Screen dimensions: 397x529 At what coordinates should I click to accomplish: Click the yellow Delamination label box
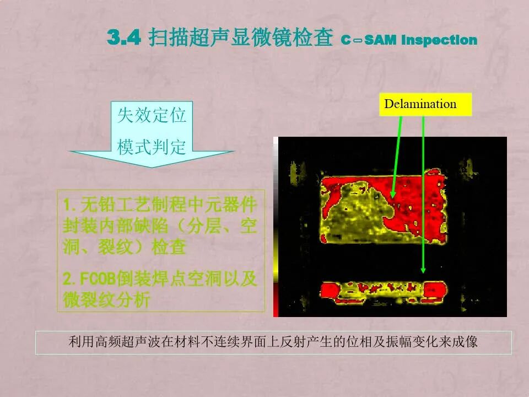[x=425, y=104]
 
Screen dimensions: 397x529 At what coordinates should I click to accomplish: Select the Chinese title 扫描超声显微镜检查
[x=241, y=39]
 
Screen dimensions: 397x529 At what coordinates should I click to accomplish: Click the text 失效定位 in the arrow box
[x=152, y=116]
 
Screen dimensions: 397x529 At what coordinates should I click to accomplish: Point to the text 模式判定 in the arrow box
[x=152, y=147]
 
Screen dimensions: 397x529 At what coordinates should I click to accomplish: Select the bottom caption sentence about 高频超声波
[x=273, y=342]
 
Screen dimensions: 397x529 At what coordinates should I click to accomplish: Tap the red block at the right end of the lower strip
[x=436, y=288]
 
